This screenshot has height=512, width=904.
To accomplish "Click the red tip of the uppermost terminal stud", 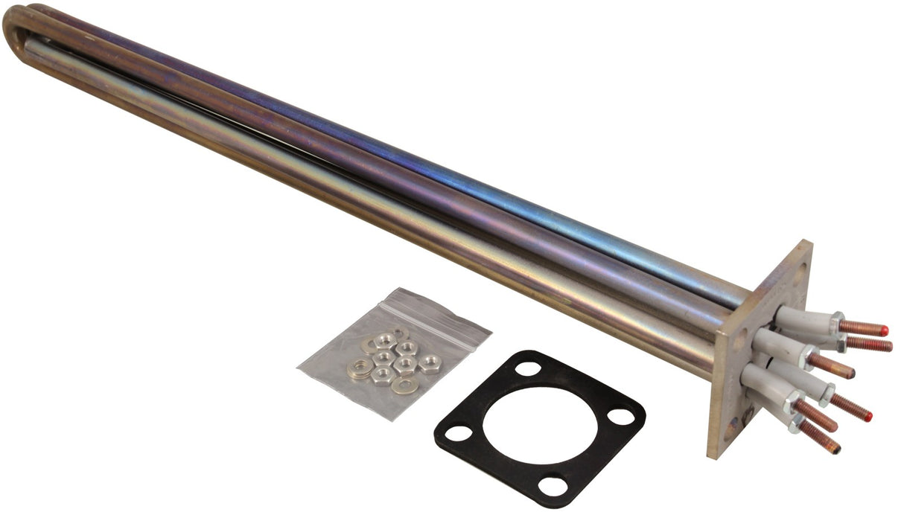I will [x=882, y=329].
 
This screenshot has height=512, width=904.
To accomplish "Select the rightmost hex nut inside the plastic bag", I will [x=429, y=364].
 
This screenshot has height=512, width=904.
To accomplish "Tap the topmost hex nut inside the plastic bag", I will [x=383, y=342].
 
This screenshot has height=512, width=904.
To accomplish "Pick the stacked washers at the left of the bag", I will [x=360, y=368].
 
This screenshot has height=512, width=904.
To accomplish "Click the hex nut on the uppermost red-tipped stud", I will [x=838, y=322].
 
